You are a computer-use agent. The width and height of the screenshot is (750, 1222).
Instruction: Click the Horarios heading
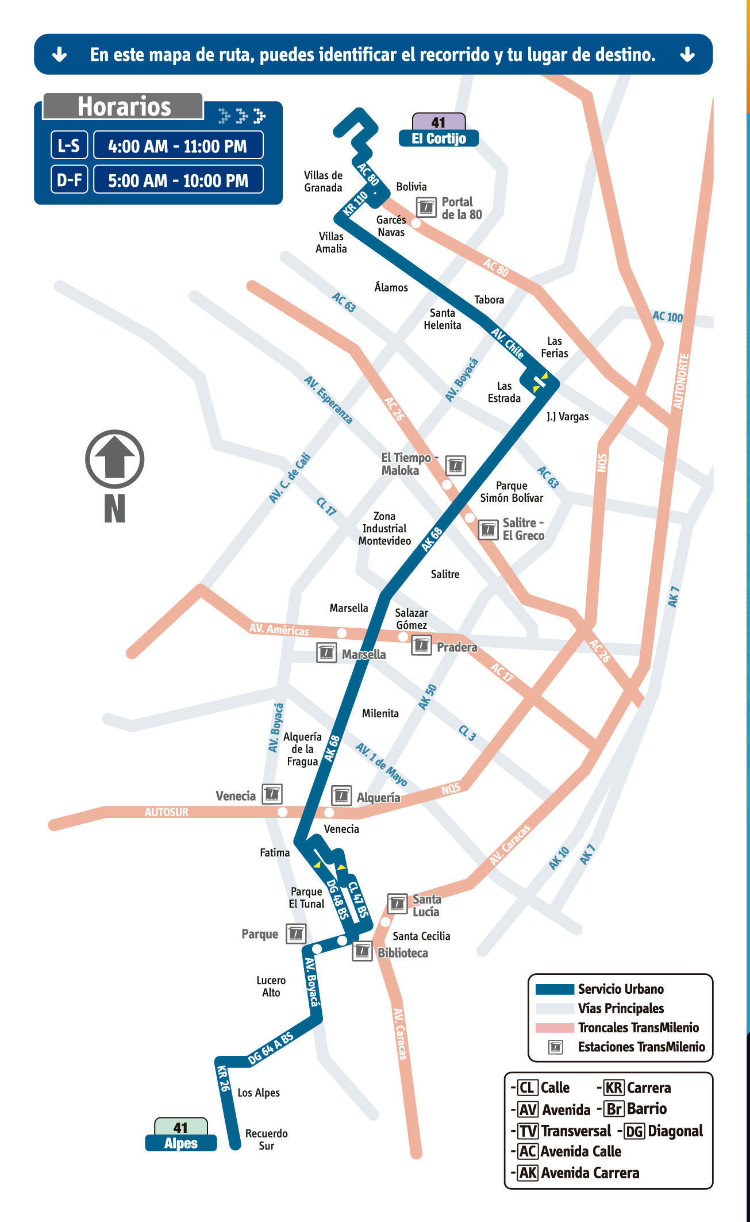tap(124, 107)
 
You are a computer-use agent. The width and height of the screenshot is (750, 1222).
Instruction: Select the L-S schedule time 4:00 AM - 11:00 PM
tap(178, 146)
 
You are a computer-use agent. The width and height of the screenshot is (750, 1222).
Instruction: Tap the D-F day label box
tap(69, 180)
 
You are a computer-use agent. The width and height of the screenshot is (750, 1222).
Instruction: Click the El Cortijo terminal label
tap(439, 139)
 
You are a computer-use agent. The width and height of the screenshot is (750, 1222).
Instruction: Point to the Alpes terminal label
tap(180, 1143)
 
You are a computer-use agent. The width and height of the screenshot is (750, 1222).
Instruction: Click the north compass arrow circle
tap(114, 459)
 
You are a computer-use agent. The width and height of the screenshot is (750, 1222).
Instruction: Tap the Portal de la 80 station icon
tap(426, 207)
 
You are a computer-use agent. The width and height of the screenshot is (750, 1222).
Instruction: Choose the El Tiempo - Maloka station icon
tap(455, 465)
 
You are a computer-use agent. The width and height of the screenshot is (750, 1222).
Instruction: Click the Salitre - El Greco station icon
tap(488, 529)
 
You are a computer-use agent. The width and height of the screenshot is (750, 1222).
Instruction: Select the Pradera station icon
tap(421, 645)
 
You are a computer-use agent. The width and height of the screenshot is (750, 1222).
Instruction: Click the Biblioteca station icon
tap(361, 951)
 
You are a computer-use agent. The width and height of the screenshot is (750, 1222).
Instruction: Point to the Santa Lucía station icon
tap(397, 903)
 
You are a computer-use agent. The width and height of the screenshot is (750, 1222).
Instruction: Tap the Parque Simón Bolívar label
tap(511, 492)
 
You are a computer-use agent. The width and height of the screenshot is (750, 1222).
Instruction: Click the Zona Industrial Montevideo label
tap(384, 529)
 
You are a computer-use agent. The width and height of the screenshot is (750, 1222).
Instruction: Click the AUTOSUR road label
tap(166, 812)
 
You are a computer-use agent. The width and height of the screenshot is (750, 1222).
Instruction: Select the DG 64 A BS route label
tap(270, 1048)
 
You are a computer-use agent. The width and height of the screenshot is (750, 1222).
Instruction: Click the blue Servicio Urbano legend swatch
tap(555, 989)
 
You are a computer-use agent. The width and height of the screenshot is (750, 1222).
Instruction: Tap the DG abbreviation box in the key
tap(634, 1131)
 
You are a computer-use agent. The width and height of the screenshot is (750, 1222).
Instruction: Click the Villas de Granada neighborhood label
tap(323, 182)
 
